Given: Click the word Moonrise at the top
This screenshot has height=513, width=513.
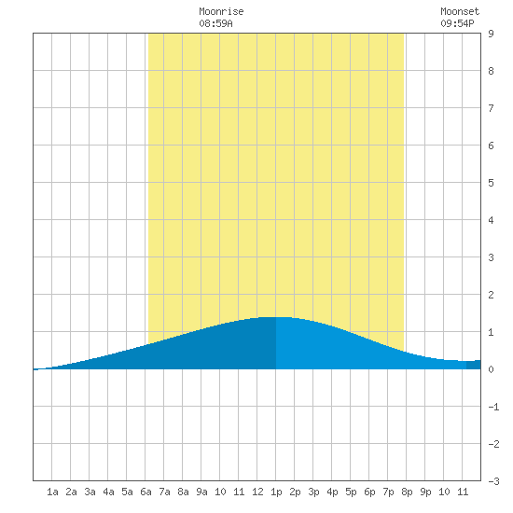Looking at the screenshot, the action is point(221,11).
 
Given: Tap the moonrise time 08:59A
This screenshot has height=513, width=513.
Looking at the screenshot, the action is point(216,23).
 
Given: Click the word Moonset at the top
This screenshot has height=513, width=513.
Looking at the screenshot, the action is point(460,11).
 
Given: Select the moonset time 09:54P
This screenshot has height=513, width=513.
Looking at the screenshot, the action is point(457,23).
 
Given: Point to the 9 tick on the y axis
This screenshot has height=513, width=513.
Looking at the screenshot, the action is point(491,34).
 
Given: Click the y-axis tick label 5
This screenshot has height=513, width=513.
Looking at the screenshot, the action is point(491,183).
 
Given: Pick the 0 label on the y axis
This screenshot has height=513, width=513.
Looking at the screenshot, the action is point(491,369).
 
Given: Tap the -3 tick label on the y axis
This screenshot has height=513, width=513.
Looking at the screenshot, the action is point(493,481).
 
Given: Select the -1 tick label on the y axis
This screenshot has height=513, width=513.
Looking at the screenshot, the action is point(493,407).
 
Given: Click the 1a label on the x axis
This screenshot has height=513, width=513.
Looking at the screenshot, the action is point(52,492).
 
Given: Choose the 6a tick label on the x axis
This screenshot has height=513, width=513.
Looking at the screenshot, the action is point(146,492).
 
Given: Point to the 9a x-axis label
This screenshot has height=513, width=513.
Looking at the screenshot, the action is point(201,492).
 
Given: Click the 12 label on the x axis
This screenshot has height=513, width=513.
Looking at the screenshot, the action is point(257,492).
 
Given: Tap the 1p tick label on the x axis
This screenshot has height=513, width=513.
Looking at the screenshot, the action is point(276,492).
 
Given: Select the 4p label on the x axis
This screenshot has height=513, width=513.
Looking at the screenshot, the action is point(332,492).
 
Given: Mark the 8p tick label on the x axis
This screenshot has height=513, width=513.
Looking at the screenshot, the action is point(407,492).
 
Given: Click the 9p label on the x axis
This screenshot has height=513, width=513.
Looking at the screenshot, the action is point(425,492).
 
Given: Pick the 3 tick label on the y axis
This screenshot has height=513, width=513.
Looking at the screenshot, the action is point(491,257).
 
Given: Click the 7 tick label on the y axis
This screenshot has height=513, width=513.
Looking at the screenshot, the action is point(491,108).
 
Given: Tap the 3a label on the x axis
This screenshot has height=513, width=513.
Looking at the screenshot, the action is point(90,492).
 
